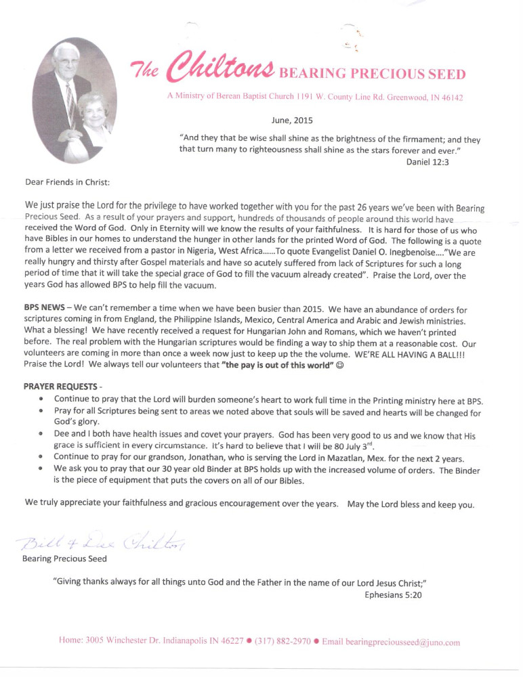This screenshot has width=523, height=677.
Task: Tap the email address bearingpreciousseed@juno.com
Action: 391,642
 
